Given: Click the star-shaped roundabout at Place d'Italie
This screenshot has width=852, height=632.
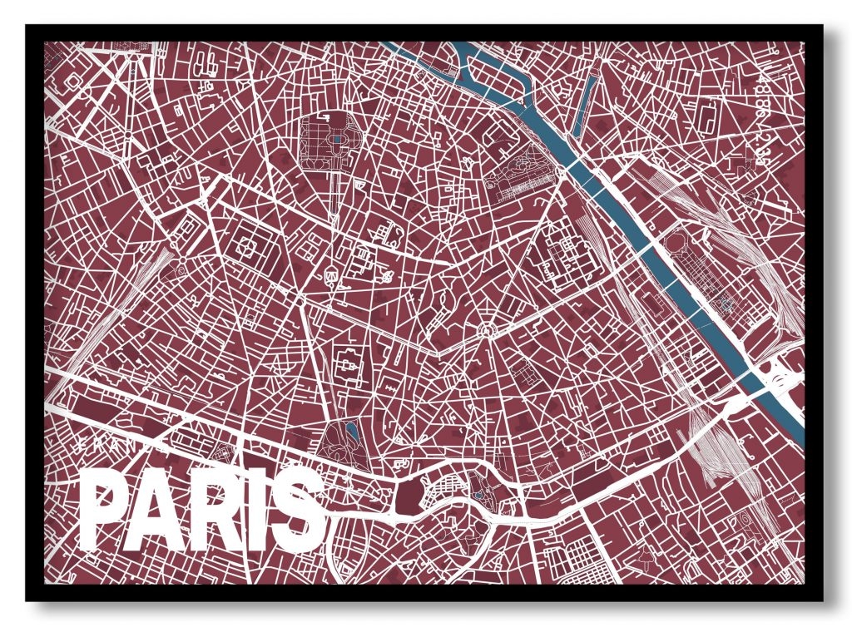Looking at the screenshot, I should [486, 332].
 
